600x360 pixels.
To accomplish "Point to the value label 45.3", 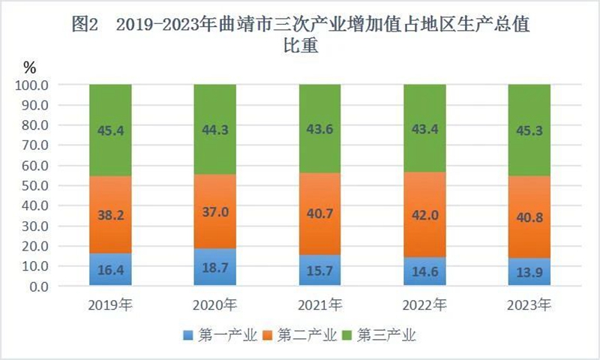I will [529, 130].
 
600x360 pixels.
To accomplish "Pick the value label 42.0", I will [424, 215].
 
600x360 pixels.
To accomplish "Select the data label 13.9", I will [529, 272].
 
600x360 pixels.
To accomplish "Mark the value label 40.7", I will [320, 214].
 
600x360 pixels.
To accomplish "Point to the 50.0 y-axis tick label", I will [34, 185].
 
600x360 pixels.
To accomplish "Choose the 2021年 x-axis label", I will [320, 305].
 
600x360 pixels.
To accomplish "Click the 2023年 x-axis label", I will [529, 305].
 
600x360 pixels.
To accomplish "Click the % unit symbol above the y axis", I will [29, 67].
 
